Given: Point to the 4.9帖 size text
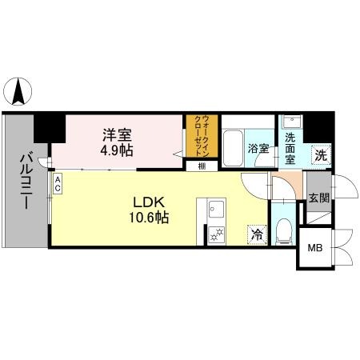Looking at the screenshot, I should coord(117,150).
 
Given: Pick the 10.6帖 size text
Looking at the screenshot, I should coord(146,216).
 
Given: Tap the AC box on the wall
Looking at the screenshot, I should coord(58,185).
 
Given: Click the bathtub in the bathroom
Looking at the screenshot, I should coord(233,147).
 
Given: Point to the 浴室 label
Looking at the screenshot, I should coord(258,149).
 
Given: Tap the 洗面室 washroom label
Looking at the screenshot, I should coord(290,147).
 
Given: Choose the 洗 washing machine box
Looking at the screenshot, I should coord(321,155).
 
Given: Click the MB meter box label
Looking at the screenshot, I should coord(316,247).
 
